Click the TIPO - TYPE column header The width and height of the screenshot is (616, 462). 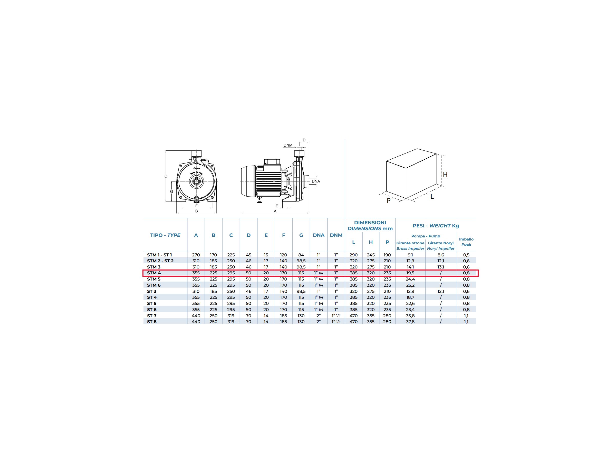tap(165, 235)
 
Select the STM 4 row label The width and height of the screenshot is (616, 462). tap(154, 273)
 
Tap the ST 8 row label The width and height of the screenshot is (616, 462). tap(152, 322)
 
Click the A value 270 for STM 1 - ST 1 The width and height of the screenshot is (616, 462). tap(196, 255)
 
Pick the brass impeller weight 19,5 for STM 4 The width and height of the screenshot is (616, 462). tap(410, 273)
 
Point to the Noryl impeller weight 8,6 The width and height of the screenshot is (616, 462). tap(440, 255)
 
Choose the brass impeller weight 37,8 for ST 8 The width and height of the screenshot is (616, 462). tap(410, 322)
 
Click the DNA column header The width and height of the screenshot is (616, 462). tap(319, 235)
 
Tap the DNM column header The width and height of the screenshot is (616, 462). tap(336, 235)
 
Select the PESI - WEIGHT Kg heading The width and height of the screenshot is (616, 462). tap(436, 226)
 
